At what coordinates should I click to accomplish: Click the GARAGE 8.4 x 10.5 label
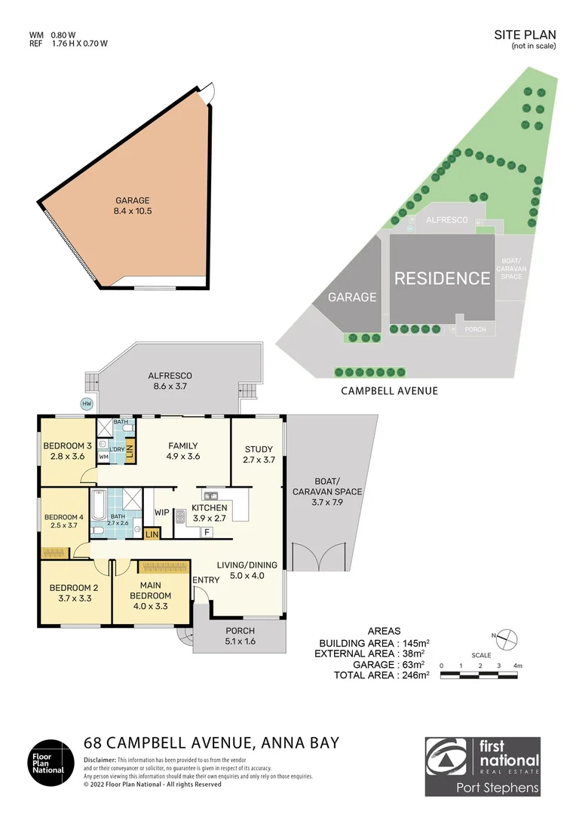point(133,206)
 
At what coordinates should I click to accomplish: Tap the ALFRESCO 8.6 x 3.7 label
point(170,381)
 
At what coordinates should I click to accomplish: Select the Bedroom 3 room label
point(67,450)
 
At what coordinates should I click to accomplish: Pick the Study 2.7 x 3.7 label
point(258,454)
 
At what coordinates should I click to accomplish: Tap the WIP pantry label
point(162,513)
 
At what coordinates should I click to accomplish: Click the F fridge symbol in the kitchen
point(206,532)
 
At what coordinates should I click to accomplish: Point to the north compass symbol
point(507,638)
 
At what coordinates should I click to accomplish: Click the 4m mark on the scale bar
point(518,666)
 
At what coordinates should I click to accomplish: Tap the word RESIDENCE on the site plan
point(443,278)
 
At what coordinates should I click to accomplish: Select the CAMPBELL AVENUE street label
point(389,391)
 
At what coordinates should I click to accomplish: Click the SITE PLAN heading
point(525,35)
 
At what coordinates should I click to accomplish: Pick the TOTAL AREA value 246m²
point(412,675)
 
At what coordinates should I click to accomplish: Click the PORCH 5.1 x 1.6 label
point(240,636)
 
